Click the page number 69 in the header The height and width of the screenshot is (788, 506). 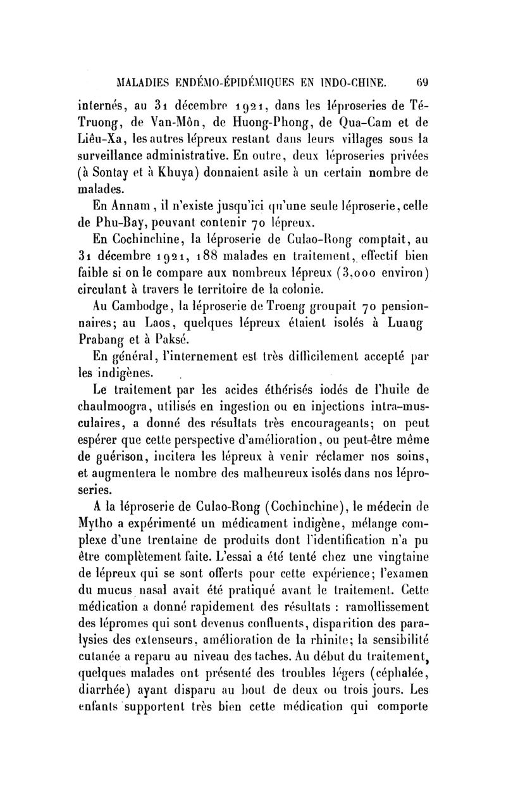421,80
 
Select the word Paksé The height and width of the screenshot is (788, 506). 180,345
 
